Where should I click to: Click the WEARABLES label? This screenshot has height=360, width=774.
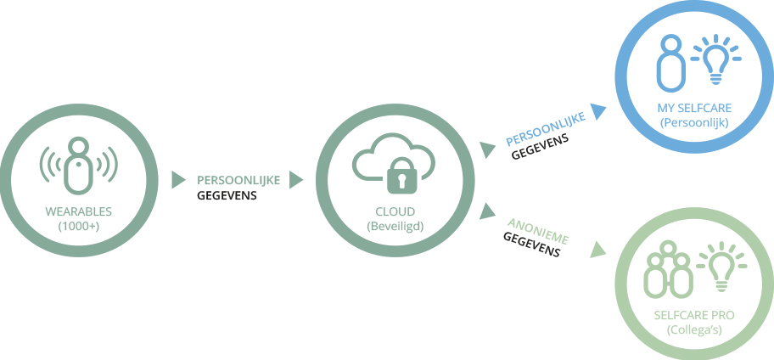pos(78,212)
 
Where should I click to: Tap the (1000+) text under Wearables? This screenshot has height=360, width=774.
pos(78,227)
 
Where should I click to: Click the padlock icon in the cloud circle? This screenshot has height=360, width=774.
pos(401,175)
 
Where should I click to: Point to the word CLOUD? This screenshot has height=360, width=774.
pos(395,212)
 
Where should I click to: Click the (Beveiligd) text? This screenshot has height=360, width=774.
pos(395,227)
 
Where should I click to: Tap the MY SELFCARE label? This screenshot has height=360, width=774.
pos(694,108)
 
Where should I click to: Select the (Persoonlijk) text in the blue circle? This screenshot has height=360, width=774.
pos(694,122)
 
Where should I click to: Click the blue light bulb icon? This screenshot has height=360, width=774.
pos(715,59)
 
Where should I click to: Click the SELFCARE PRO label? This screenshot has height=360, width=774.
pos(694,315)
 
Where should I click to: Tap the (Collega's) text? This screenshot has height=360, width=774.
pos(694,330)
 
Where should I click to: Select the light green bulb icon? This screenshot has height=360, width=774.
pos(721,266)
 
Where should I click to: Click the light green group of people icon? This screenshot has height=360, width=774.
pos(668,270)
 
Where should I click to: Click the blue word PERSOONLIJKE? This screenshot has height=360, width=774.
pos(546,129)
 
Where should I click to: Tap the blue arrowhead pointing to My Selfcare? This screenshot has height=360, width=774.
pos(599,111)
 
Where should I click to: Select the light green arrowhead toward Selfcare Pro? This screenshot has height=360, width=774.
pos(597,250)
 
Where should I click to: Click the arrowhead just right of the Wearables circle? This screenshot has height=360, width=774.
pos(178,180)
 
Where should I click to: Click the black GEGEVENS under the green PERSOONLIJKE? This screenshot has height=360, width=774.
pos(227,195)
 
